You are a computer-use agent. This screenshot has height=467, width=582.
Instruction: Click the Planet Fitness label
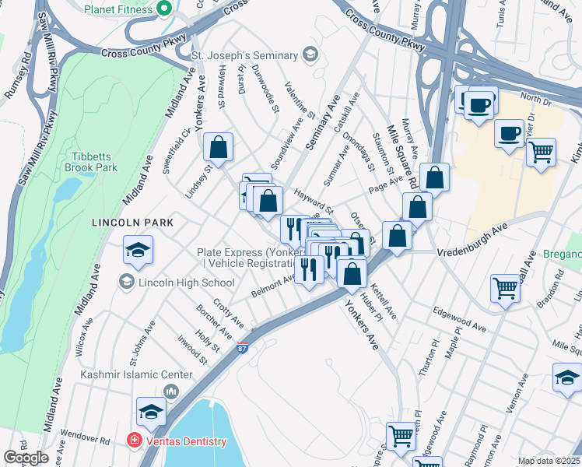(x=117, y=9)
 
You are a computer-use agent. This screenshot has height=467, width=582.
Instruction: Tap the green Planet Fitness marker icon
(x=163, y=9)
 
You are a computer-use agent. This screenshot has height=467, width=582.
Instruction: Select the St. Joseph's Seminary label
(x=245, y=55)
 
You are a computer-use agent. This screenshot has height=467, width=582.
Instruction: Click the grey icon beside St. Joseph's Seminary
(x=310, y=54)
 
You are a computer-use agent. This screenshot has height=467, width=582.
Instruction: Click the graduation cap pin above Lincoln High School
(x=138, y=251)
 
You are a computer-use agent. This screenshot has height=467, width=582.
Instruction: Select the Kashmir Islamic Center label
(x=127, y=374)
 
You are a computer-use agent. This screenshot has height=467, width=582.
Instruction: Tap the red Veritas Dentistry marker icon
(x=134, y=441)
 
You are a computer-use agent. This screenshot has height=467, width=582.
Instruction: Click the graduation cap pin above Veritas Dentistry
(x=151, y=412)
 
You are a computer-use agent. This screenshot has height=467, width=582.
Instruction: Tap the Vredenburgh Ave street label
(x=472, y=240)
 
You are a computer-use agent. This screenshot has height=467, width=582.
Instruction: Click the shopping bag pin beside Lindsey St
(x=219, y=146)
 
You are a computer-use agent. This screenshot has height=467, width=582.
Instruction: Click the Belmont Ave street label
(x=272, y=286)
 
